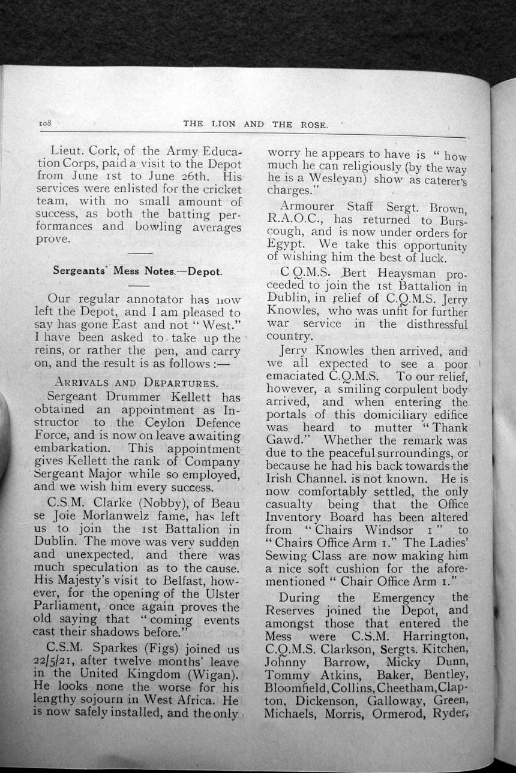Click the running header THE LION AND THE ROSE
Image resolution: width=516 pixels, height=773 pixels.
[x=256, y=124]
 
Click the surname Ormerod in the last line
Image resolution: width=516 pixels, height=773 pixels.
[x=401, y=714]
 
